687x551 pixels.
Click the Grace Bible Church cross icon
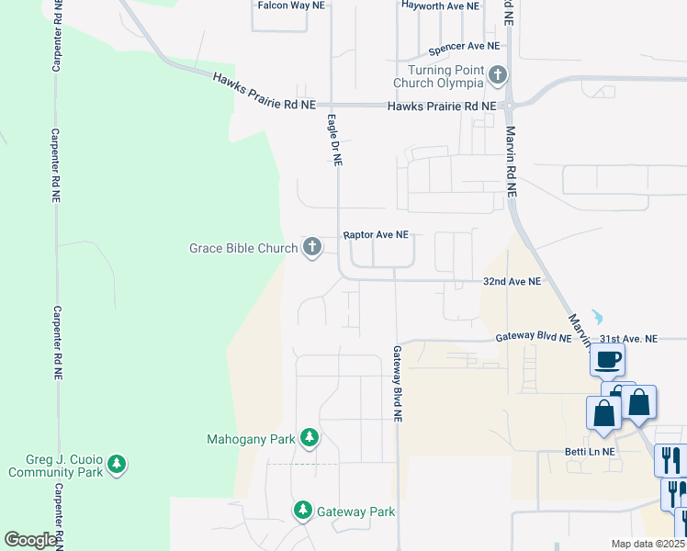click(x=312, y=247)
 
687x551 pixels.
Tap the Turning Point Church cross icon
click(x=498, y=75)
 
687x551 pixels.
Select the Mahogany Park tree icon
click(x=310, y=438)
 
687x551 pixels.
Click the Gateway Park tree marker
click(x=302, y=510)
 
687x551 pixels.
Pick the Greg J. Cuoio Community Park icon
click(x=117, y=465)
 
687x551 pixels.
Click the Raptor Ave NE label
click(x=376, y=235)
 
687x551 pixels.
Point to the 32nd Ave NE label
click(x=512, y=282)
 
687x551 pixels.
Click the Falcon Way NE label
click(x=292, y=6)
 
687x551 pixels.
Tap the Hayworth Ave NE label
click(x=440, y=6)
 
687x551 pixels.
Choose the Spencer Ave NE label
click(x=463, y=45)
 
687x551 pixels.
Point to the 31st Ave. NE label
click(x=626, y=339)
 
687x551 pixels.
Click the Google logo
click(x=30, y=540)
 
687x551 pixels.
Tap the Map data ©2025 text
click(x=648, y=545)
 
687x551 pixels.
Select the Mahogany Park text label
click(x=251, y=439)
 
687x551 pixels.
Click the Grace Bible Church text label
click(x=242, y=248)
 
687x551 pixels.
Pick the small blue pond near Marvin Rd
click(x=599, y=317)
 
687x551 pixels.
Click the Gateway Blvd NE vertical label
click(x=398, y=383)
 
